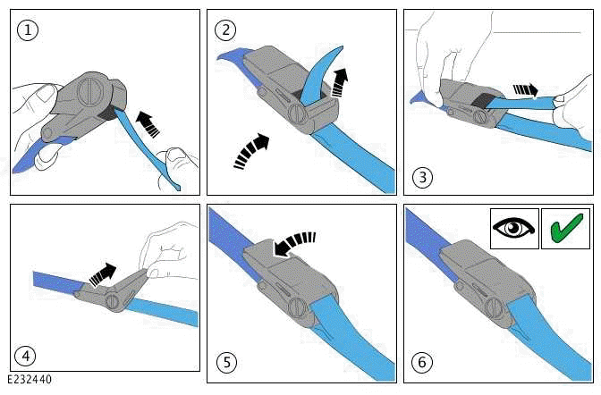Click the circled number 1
[x=28, y=29]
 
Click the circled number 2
[x=225, y=29]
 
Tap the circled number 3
[x=422, y=177]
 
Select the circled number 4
[x=25, y=356]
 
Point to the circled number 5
[x=227, y=362]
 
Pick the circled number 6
[x=422, y=362]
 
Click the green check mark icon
[x=566, y=229]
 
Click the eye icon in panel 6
[x=513, y=229]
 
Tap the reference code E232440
[x=30, y=379]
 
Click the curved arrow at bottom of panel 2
[x=251, y=150]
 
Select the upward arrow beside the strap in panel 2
[x=339, y=82]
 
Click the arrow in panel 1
[x=148, y=123]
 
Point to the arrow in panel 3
[x=526, y=90]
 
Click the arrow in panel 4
[x=102, y=275]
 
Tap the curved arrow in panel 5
[x=294, y=244]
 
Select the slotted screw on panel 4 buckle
[x=113, y=301]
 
